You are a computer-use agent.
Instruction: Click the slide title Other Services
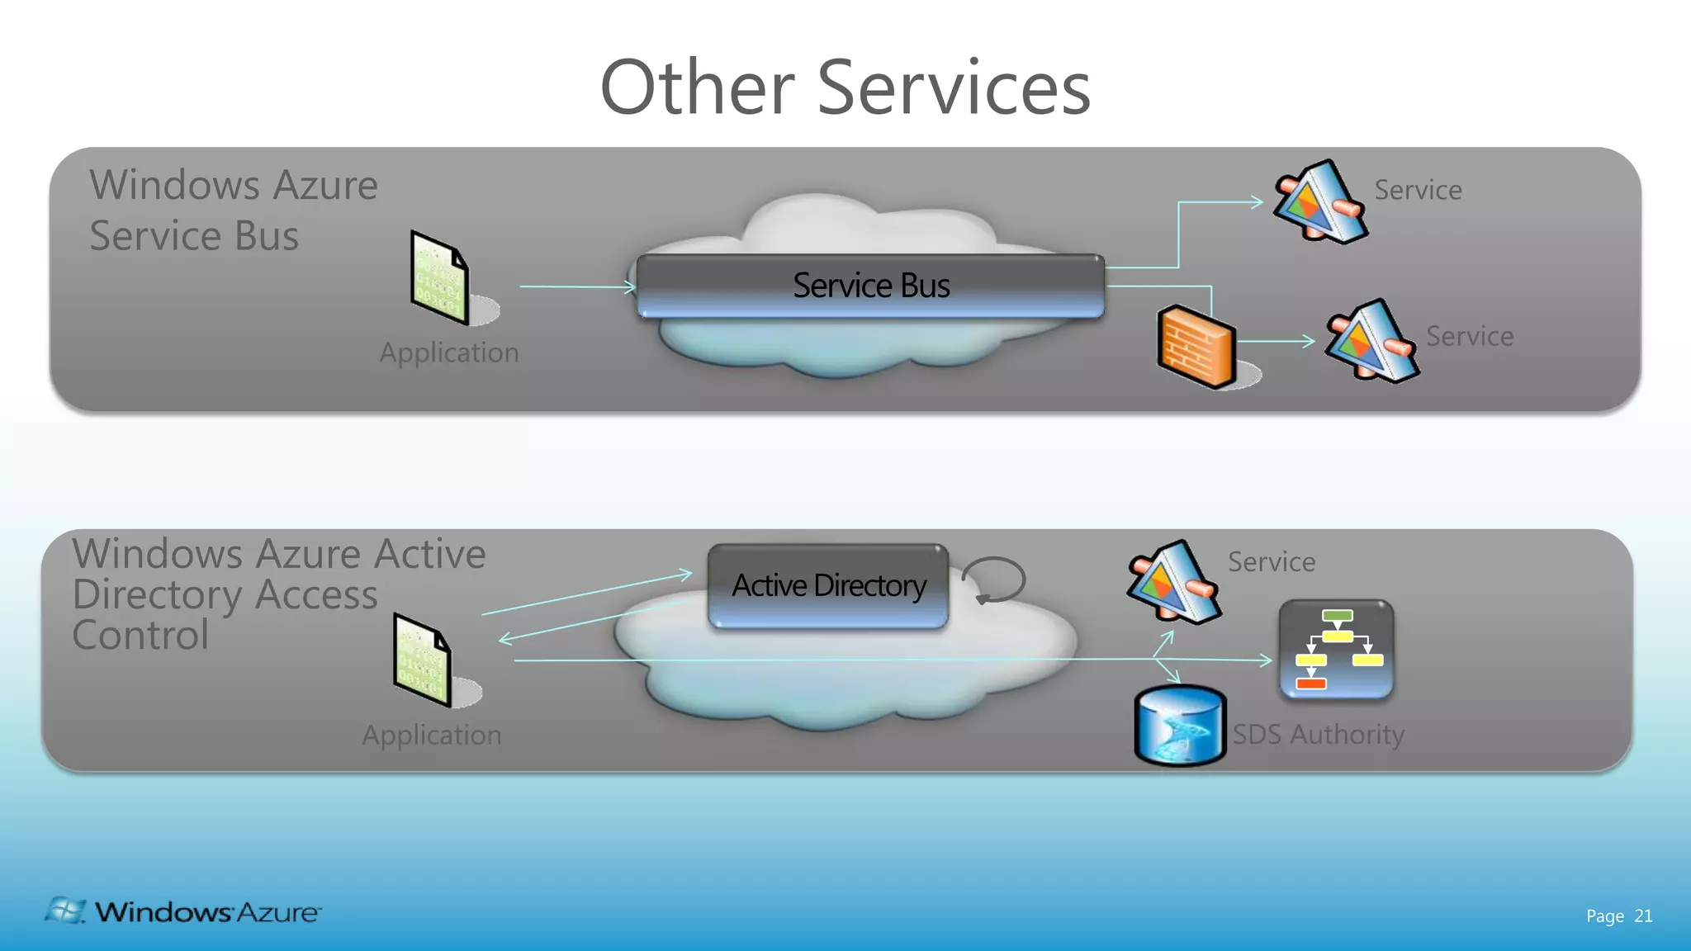click(845, 88)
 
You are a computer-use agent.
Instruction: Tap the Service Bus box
click(870, 286)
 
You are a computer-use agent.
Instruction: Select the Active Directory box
click(828, 585)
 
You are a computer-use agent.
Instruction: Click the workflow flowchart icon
click(1336, 650)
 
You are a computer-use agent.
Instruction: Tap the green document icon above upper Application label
click(439, 278)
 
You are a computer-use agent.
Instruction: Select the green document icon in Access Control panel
click(422, 660)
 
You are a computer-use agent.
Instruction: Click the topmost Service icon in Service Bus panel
click(1319, 201)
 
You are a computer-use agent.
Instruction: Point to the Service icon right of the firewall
click(1371, 341)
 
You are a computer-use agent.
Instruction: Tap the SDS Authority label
click(1318, 734)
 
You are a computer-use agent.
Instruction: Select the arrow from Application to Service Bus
click(577, 286)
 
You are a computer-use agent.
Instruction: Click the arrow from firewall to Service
click(1276, 341)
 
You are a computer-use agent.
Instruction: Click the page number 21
click(1643, 916)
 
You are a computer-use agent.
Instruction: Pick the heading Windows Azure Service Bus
click(233, 210)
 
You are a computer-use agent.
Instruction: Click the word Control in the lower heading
click(140, 635)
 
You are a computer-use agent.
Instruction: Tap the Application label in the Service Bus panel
click(449, 352)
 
